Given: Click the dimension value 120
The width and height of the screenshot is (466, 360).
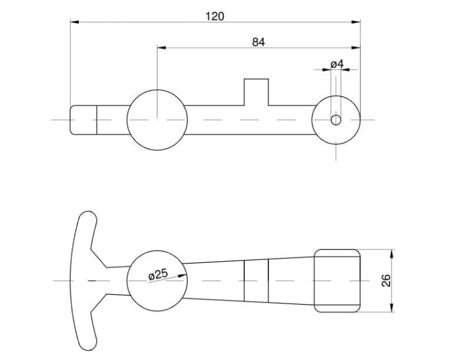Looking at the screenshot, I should (214, 16).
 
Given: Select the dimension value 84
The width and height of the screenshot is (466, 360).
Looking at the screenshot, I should (258, 42).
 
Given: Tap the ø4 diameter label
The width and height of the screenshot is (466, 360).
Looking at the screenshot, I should (337, 64).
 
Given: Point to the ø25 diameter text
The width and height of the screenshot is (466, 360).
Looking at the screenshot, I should (158, 274).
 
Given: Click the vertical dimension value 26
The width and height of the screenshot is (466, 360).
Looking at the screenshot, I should (386, 281).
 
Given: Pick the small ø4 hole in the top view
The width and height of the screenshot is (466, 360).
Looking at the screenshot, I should (336, 119).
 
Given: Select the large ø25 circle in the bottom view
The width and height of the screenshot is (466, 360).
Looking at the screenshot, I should (157, 281).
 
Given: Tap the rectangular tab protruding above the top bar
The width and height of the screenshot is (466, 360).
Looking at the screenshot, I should (256, 91).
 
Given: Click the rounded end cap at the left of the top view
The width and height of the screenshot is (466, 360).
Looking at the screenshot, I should (83, 119).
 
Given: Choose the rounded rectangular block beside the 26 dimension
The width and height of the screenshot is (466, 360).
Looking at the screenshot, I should (337, 281).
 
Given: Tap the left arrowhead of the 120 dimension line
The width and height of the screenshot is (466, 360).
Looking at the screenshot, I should (74, 22).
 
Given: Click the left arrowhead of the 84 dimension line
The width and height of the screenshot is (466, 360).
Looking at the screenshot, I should (161, 47).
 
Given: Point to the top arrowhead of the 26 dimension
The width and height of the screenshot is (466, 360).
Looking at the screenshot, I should (391, 254).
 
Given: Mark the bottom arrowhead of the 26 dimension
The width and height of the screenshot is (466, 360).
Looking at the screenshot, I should (391, 308).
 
